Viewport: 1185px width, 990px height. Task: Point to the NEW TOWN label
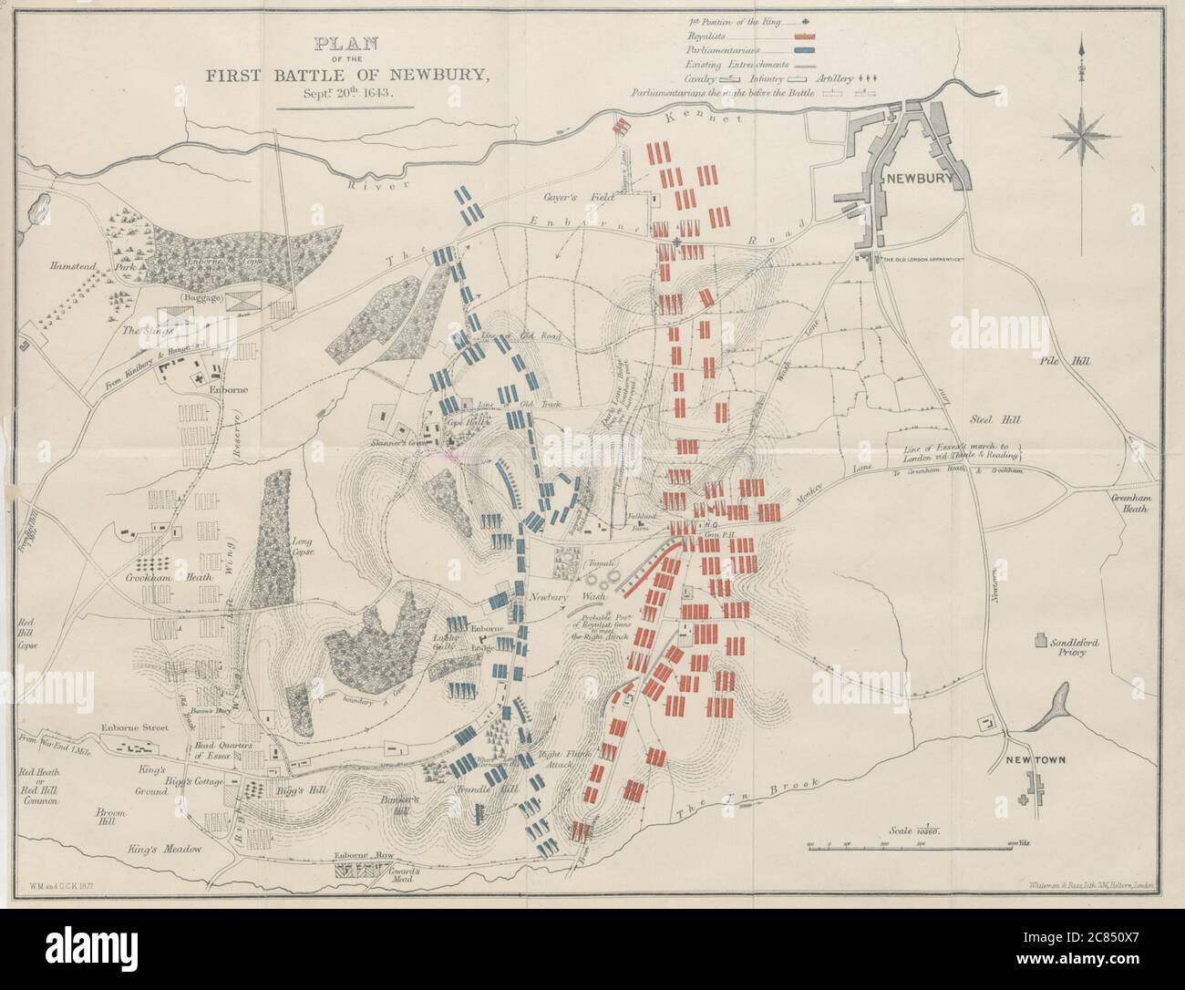pos(1031,760)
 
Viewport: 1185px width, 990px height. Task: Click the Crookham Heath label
pos(159,578)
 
